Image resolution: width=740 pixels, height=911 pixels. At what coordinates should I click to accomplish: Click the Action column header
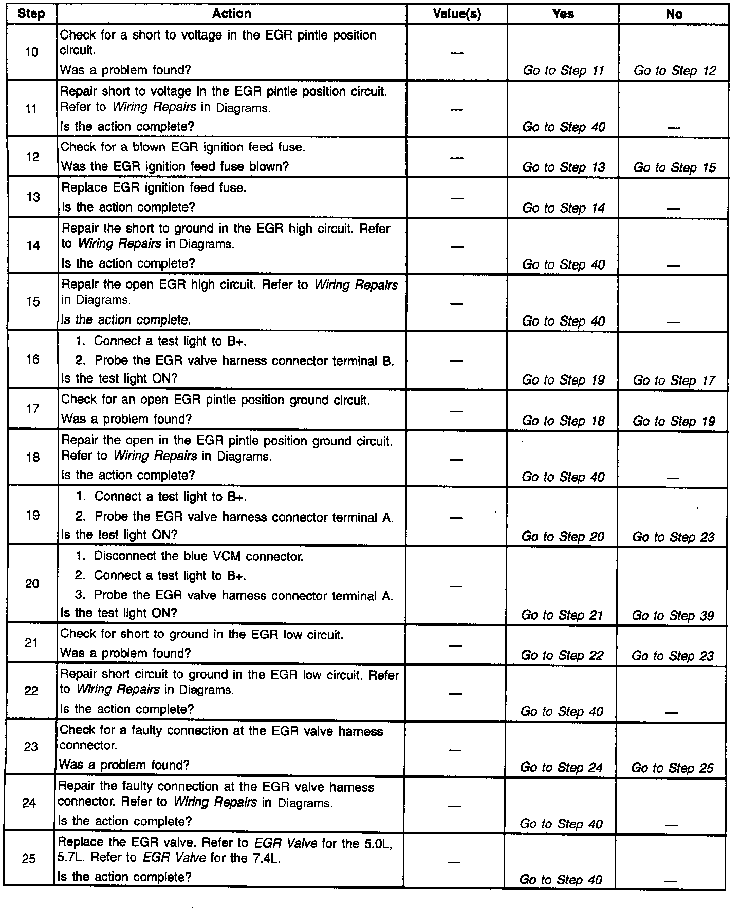[x=231, y=14]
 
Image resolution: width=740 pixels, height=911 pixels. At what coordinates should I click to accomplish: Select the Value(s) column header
[x=457, y=14]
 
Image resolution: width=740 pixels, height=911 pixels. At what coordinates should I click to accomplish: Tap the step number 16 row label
[x=32, y=359]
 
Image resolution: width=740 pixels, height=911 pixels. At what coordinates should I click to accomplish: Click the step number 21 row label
[x=31, y=642]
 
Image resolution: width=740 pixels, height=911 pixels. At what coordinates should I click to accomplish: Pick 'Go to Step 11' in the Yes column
[x=563, y=70]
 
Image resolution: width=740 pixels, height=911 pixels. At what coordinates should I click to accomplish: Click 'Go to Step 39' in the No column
[x=673, y=615]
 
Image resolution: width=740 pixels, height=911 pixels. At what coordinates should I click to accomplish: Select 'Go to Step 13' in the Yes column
[x=564, y=167]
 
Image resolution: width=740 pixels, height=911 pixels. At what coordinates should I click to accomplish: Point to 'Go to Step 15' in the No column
[x=674, y=167]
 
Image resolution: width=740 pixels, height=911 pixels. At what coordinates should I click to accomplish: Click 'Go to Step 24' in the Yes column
[x=561, y=767]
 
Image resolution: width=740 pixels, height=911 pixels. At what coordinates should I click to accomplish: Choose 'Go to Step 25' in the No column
[x=672, y=768]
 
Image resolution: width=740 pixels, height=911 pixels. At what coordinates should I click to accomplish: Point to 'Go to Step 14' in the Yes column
[x=564, y=208]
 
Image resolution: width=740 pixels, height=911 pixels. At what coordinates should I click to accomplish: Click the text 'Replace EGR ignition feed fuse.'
[x=154, y=188]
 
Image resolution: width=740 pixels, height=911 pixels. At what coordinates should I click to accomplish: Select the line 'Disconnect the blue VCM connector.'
[x=198, y=556]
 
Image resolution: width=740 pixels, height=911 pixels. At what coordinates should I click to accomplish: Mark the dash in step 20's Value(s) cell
[x=456, y=586]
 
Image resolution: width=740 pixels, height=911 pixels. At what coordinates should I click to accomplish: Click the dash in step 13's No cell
[x=673, y=209]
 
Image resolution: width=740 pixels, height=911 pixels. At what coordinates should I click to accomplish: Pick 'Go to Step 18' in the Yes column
[x=563, y=421]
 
